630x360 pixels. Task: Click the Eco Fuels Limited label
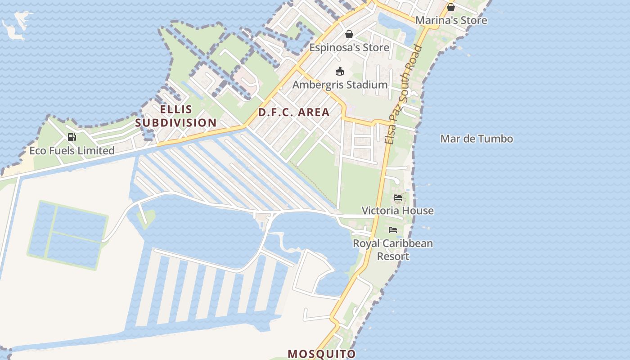(72, 151)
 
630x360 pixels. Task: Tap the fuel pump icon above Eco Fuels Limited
(72, 137)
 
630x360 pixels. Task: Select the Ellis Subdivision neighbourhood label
(176, 116)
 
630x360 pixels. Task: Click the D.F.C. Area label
(294, 112)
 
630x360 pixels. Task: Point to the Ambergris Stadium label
(340, 85)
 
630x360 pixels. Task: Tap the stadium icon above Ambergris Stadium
(340, 72)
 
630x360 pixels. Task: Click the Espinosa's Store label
(349, 47)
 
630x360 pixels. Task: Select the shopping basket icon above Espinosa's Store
(349, 34)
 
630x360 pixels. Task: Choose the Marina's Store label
(451, 20)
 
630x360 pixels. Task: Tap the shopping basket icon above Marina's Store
(450, 7)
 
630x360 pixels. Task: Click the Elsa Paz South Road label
(404, 94)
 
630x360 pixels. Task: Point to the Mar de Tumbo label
(477, 139)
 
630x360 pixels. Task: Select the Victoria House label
(398, 211)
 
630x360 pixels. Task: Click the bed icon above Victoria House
(398, 198)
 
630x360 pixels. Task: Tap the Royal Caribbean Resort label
(393, 250)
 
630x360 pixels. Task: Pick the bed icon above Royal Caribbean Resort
(393, 230)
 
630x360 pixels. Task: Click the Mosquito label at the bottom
(322, 354)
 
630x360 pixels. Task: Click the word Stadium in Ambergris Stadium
(365, 85)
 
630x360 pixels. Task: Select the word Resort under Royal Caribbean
(393, 256)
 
